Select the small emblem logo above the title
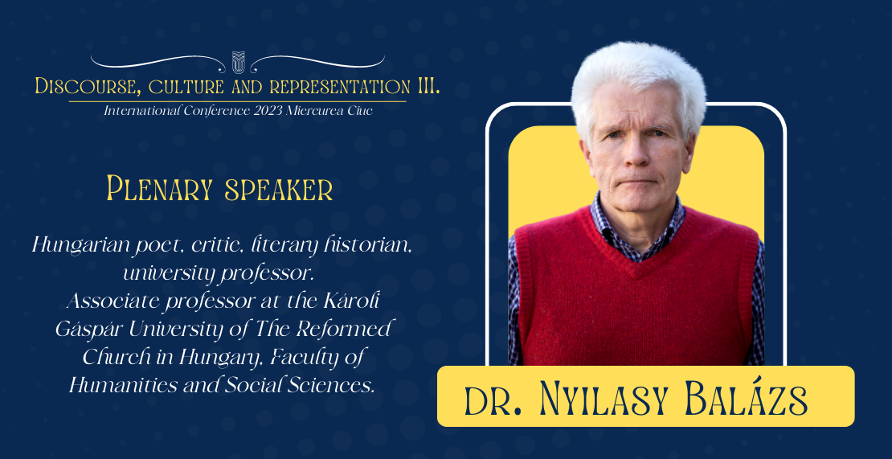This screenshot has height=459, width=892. pos(238,62)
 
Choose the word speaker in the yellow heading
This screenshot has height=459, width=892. pos(279,191)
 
